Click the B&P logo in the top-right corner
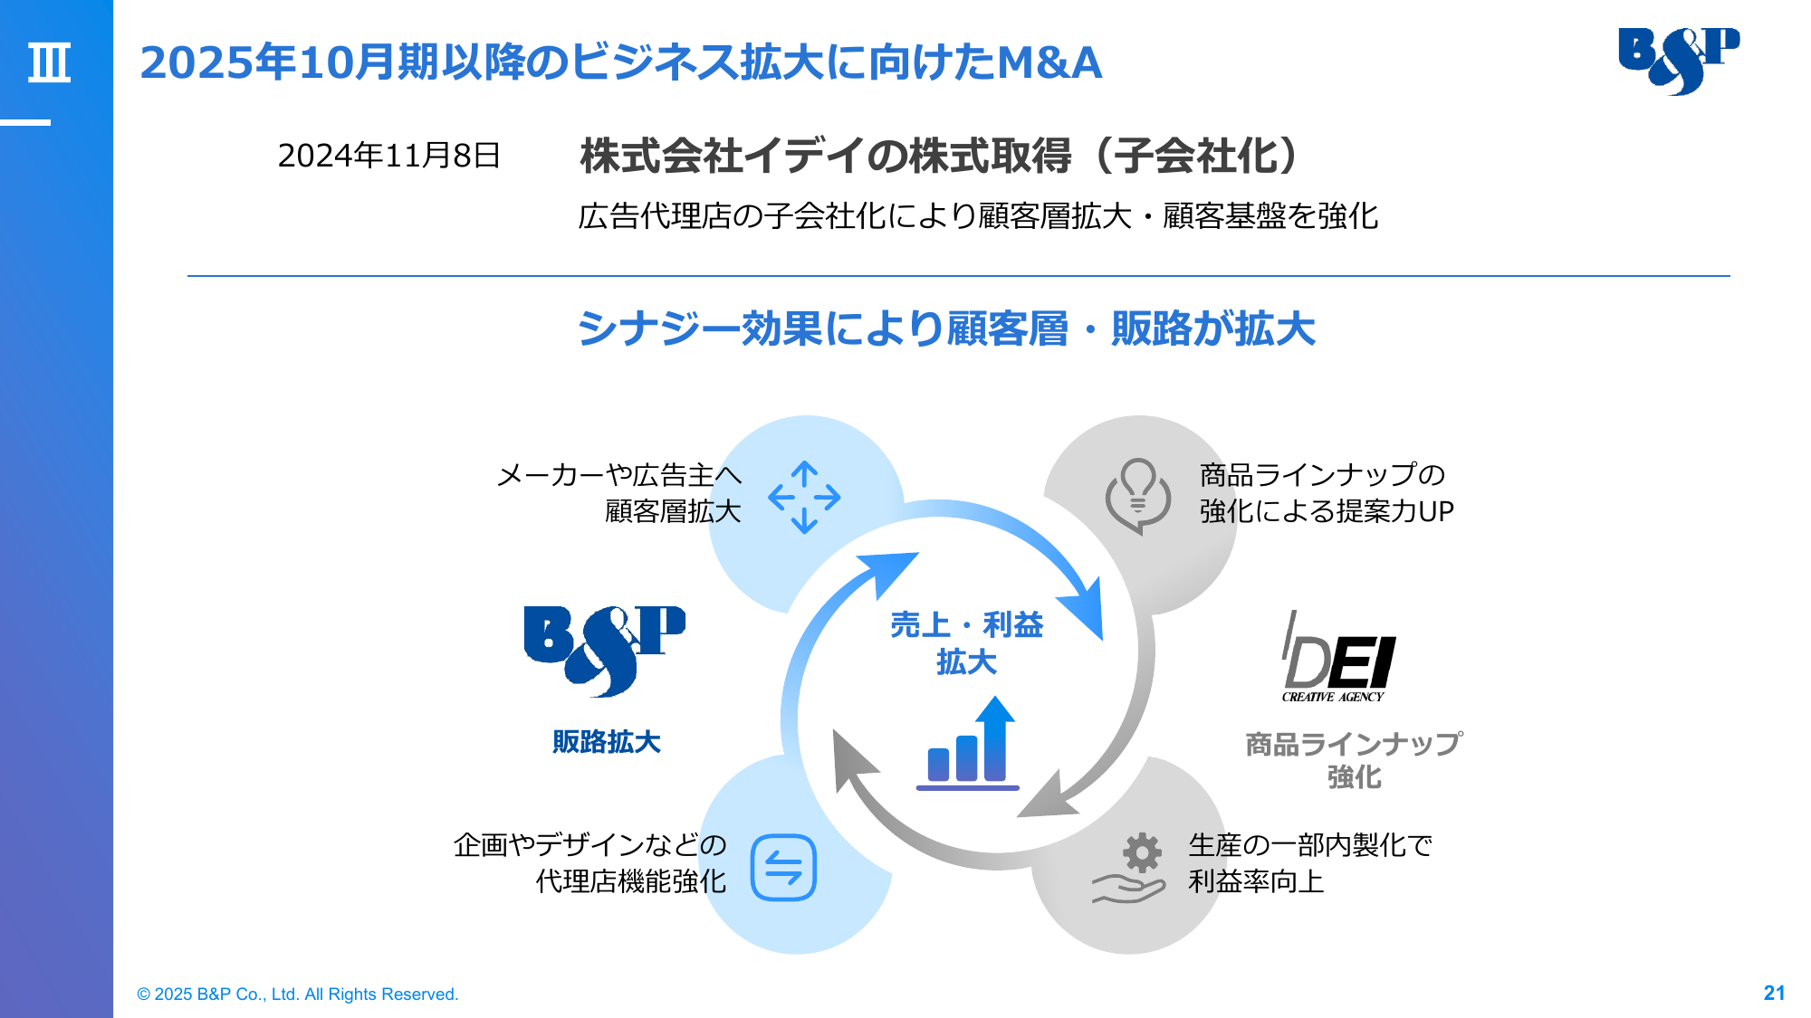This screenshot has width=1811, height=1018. click(x=1678, y=61)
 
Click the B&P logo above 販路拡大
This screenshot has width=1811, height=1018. click(x=604, y=651)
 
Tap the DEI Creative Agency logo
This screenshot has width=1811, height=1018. click(x=1338, y=657)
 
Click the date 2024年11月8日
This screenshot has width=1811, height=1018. click(x=388, y=156)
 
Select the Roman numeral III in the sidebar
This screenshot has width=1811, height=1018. click(x=49, y=62)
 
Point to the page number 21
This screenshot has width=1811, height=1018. click(x=1774, y=993)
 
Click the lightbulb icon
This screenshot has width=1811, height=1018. click(x=1138, y=496)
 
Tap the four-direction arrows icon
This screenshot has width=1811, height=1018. click(x=804, y=497)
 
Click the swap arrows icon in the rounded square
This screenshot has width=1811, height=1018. click(x=783, y=868)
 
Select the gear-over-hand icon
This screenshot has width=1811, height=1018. click(x=1130, y=867)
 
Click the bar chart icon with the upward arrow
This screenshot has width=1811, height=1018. click(x=968, y=743)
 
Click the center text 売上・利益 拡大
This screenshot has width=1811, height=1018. click(x=966, y=643)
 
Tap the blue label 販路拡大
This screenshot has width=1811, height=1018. click(x=607, y=742)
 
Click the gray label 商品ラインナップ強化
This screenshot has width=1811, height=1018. click(x=1354, y=760)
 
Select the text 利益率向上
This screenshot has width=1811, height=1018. click(x=1256, y=880)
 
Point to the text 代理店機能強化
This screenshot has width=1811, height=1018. click(x=631, y=880)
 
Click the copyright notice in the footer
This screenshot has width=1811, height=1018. click(x=298, y=994)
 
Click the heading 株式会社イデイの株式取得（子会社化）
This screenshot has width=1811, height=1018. click(x=943, y=156)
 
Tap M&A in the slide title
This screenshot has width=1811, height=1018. click(x=1049, y=62)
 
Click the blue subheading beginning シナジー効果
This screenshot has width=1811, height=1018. click(x=946, y=328)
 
